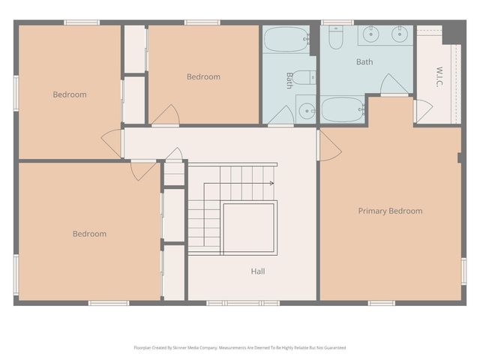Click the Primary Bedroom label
(389, 211)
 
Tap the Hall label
(257, 271)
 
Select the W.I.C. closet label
(439, 76)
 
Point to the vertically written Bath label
(289, 80)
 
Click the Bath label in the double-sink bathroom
(364, 61)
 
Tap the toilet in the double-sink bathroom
(335, 36)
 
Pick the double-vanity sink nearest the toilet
(371, 33)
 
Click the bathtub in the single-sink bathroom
(285, 38)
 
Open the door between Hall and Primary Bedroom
(328, 145)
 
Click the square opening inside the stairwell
(249, 226)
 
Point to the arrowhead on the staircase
(273, 182)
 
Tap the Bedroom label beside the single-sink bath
(203, 76)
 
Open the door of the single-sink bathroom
(281, 115)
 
